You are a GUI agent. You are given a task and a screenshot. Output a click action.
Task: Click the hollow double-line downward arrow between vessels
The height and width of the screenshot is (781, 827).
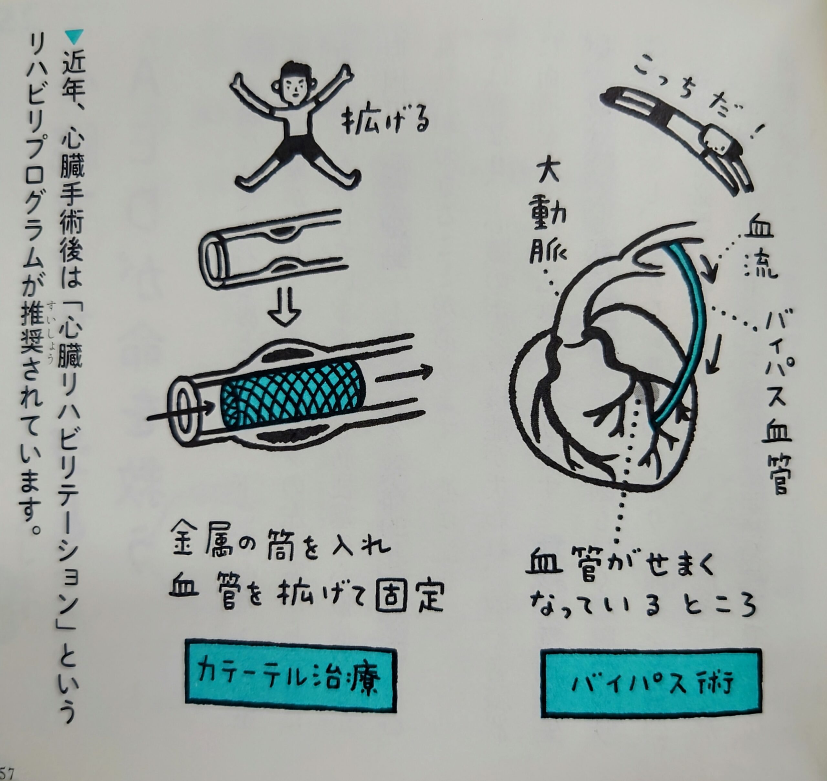(285, 309)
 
